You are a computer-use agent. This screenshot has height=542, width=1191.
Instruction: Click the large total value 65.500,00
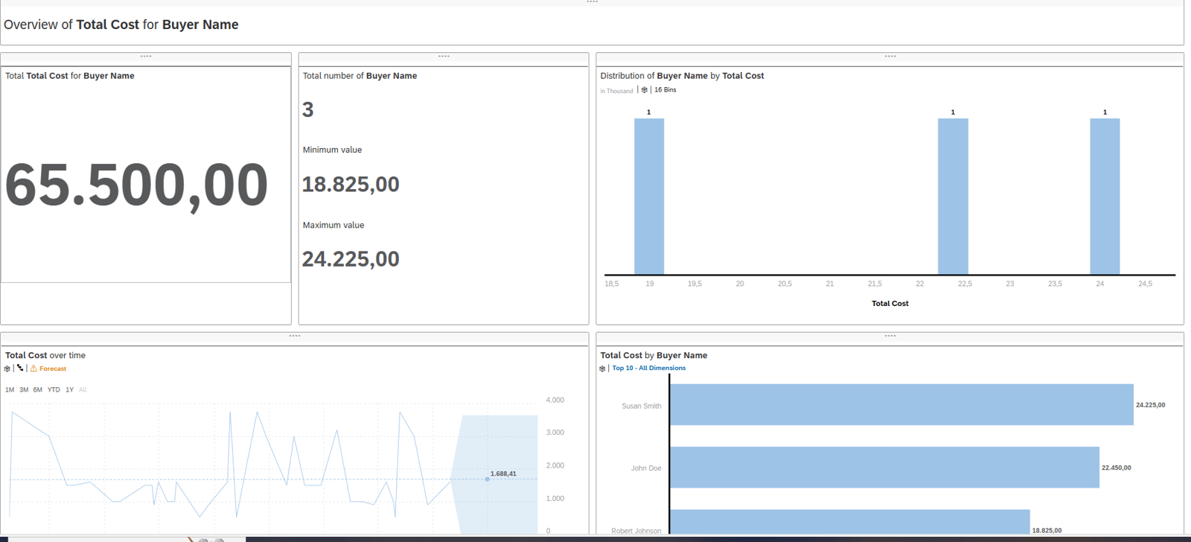[136, 185]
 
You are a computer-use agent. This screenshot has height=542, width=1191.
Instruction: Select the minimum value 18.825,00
[351, 185]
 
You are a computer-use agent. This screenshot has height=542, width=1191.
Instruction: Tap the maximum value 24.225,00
[351, 259]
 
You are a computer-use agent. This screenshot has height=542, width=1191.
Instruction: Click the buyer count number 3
[308, 110]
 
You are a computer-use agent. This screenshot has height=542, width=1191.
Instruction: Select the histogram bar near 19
[649, 197]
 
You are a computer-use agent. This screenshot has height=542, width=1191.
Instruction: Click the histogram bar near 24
[1105, 197]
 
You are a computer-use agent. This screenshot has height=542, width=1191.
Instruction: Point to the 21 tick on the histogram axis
[830, 284]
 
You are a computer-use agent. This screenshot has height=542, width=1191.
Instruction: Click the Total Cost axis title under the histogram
[890, 304]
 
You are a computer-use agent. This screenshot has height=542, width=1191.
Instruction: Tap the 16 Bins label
[665, 90]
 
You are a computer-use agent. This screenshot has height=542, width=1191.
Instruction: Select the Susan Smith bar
[901, 405]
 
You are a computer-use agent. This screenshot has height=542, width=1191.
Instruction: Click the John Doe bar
[884, 468]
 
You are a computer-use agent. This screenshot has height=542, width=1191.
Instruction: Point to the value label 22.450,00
[1116, 468]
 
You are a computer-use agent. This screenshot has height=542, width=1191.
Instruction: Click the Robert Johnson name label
[636, 531]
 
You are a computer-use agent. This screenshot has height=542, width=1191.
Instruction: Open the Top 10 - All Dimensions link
[648, 368]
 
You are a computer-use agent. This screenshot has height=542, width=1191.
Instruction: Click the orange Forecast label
[53, 369]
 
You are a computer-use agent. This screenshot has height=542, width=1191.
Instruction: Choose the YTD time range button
[54, 389]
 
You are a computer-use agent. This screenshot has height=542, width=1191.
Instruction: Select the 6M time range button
[37, 389]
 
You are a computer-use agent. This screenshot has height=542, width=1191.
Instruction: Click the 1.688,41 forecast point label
[503, 474]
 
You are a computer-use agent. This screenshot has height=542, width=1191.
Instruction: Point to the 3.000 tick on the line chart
[555, 433]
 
